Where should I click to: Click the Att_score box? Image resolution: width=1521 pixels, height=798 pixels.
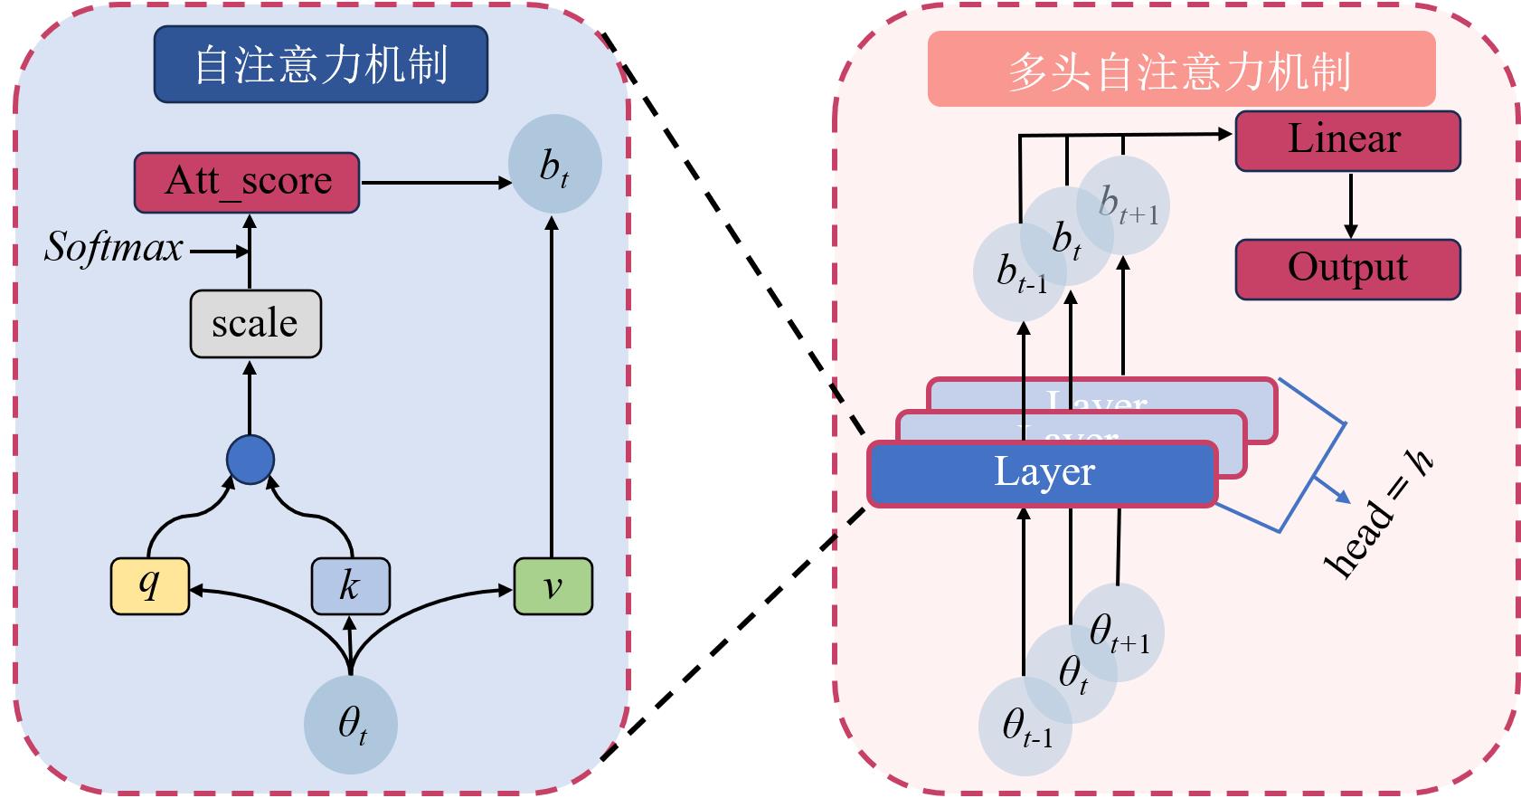(247, 182)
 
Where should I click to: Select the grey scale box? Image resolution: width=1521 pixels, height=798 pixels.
(255, 324)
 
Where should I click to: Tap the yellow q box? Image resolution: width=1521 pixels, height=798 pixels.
(150, 587)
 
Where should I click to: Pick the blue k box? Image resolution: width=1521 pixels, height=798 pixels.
(351, 587)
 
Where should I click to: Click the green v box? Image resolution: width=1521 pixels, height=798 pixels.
(553, 587)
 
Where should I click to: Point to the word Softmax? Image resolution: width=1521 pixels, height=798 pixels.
(114, 248)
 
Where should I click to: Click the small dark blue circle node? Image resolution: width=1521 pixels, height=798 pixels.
(250, 460)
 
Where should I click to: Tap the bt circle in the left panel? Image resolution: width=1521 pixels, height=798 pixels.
(554, 165)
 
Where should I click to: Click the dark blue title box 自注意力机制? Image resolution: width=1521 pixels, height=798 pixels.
(321, 64)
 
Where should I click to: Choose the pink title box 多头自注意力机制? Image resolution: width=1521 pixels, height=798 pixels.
(1181, 70)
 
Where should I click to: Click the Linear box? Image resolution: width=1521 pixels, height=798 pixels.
(1347, 140)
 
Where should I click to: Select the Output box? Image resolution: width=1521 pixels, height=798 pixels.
(1347, 269)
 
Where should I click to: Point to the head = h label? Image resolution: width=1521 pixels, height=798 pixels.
(1379, 516)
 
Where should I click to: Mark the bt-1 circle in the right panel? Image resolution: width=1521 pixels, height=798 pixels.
(1020, 272)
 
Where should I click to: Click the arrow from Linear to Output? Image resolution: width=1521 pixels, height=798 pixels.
(1351, 204)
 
